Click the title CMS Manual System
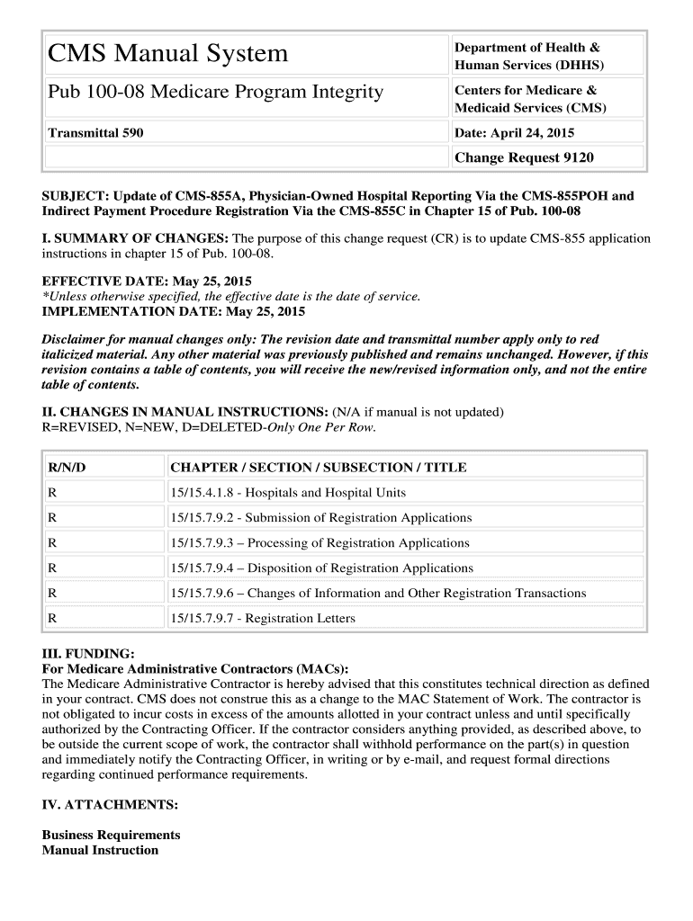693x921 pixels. [x=167, y=54]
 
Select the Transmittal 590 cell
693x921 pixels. [x=95, y=133]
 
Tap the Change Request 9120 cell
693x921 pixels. [x=524, y=157]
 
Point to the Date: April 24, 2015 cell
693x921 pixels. [x=514, y=133]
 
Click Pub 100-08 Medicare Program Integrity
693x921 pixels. [x=215, y=92]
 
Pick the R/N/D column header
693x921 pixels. [x=67, y=467]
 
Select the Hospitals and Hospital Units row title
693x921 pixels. [x=287, y=492]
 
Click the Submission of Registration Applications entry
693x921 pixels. [x=320, y=517]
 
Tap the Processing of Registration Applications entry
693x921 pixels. [x=319, y=542]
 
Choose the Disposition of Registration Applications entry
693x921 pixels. [x=320, y=568]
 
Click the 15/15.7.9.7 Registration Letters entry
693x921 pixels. [x=262, y=618]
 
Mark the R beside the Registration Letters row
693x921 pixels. [x=52, y=618]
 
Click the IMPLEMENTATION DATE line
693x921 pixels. [x=174, y=311]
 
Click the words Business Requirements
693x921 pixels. [x=112, y=835]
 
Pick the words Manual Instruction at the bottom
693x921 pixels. [x=100, y=850]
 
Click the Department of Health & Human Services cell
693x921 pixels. [x=529, y=56]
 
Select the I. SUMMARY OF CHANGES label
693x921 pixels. [x=136, y=238]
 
